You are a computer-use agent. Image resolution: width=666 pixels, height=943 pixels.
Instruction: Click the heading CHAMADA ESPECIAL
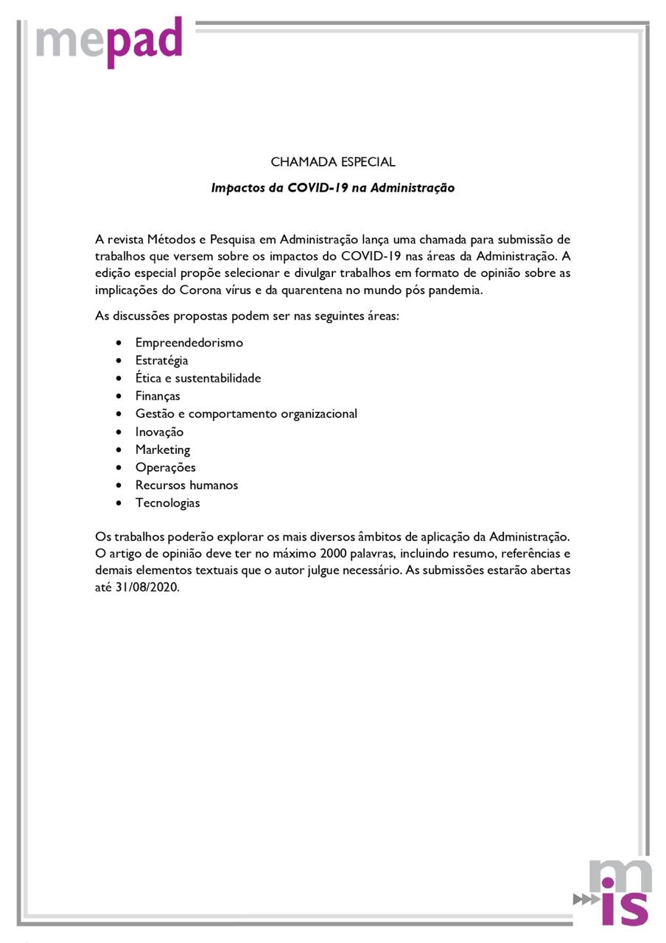[x=333, y=162]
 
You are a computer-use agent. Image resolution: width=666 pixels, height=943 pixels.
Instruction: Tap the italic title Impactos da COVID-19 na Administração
[x=333, y=188]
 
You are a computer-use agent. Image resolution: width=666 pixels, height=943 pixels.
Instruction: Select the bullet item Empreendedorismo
[x=189, y=343]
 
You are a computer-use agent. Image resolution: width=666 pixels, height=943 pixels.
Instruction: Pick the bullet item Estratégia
[x=161, y=360]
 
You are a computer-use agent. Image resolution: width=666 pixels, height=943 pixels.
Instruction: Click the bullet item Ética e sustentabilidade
[x=197, y=378]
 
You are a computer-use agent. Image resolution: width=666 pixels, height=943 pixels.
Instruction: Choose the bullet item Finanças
[x=158, y=396]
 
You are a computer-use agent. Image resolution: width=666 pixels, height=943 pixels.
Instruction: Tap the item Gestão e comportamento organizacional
[x=246, y=414]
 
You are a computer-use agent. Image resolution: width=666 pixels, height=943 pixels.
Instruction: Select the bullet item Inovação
[x=159, y=432]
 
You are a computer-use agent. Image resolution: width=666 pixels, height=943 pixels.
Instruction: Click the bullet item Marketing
[x=162, y=449]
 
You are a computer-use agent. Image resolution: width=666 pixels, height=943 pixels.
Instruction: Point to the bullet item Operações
[x=165, y=467]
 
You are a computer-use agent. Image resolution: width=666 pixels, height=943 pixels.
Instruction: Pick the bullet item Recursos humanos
[x=186, y=485]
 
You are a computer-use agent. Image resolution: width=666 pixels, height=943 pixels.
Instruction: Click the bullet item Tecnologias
[x=167, y=503]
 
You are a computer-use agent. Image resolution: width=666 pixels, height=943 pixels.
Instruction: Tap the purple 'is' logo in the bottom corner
[x=624, y=907]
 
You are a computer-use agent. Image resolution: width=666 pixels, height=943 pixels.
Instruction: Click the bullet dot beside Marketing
[x=119, y=450]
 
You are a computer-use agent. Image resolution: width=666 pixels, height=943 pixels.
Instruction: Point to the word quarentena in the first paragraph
[x=307, y=290]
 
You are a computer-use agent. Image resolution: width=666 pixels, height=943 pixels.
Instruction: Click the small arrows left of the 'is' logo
[x=586, y=899]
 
